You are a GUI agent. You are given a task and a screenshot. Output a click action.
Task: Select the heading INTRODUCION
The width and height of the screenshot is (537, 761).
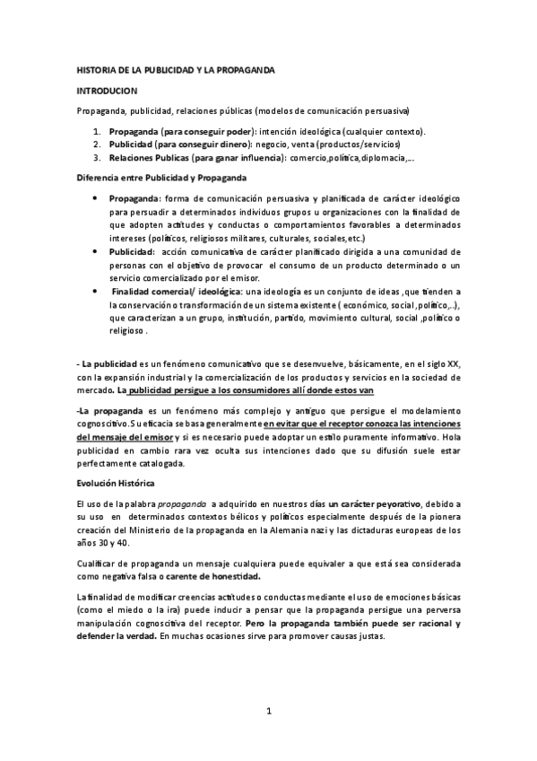pos(106,91)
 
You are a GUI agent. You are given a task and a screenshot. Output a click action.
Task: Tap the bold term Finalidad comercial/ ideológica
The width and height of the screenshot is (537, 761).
pos(176,292)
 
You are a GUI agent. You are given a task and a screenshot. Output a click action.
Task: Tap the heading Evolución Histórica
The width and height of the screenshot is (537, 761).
pos(118,484)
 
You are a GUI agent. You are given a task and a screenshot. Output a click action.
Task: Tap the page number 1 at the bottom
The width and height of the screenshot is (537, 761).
pos(269,712)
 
